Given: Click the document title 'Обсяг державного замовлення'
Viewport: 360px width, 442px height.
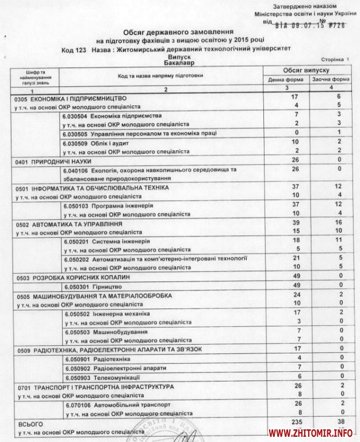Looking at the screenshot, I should pos(180,33).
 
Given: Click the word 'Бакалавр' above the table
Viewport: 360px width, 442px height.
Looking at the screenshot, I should pos(179,62).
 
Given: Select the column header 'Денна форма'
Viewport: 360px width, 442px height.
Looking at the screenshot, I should pos(281,79).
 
